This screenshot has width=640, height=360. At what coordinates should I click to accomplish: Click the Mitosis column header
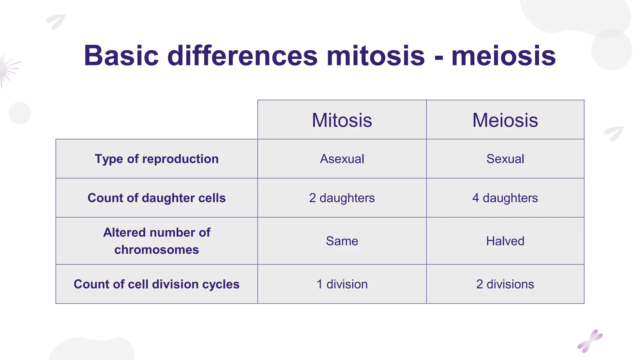pyautogui.click(x=342, y=120)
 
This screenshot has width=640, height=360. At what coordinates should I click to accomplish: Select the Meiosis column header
pyautogui.click(x=505, y=120)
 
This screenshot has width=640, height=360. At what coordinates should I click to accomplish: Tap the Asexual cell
pyautogui.click(x=342, y=159)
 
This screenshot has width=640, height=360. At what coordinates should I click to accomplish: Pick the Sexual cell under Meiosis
pyautogui.click(x=505, y=159)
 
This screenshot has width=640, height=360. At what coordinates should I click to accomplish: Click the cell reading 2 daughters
pyautogui.click(x=342, y=198)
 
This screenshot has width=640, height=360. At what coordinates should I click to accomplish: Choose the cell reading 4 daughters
pyautogui.click(x=505, y=198)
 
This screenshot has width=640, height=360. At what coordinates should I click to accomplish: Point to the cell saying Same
pyautogui.click(x=342, y=241)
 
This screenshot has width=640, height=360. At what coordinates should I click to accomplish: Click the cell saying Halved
pyautogui.click(x=505, y=241)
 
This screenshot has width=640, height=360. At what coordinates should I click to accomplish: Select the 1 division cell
pyautogui.click(x=342, y=284)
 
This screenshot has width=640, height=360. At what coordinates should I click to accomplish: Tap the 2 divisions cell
pyautogui.click(x=505, y=284)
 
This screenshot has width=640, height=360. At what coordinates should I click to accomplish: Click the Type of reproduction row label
pyautogui.click(x=157, y=159)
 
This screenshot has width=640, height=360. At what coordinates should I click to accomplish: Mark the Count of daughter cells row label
pyautogui.click(x=157, y=198)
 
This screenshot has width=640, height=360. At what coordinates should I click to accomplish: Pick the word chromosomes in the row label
pyautogui.click(x=157, y=250)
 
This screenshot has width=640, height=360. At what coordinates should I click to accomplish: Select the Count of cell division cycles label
pyautogui.click(x=157, y=284)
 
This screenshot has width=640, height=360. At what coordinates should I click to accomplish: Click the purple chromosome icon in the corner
pyautogui.click(x=590, y=341)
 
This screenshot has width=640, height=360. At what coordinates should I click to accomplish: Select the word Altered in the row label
pyautogui.click(x=124, y=232)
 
